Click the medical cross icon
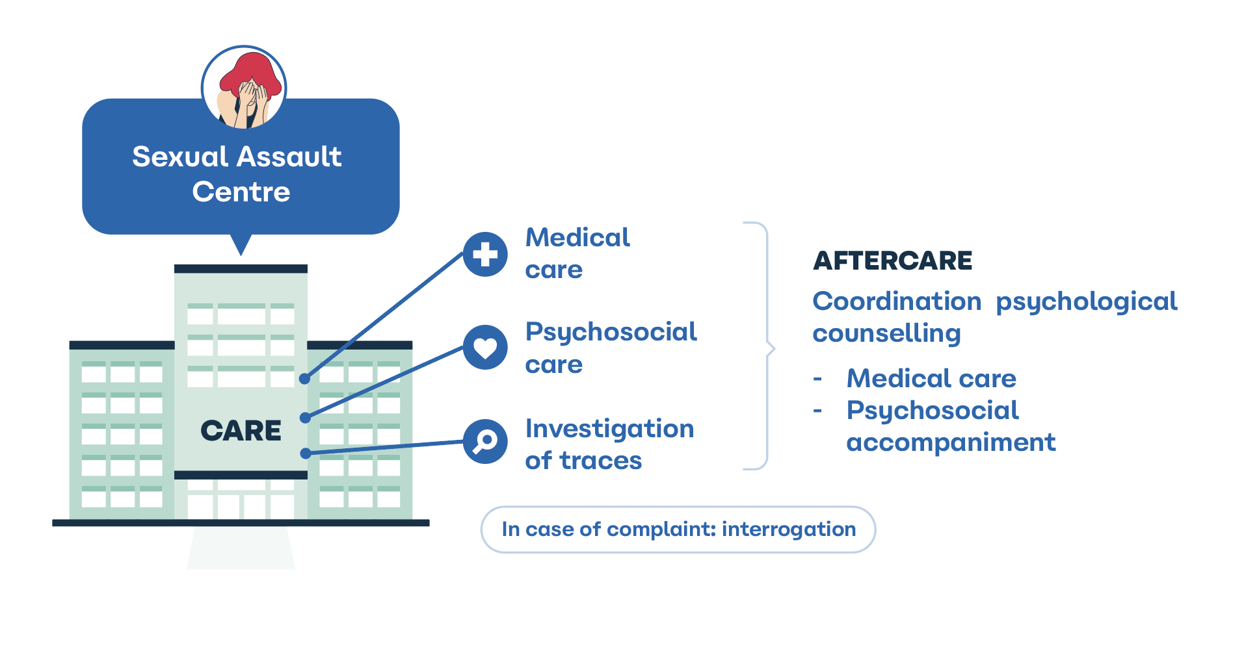(x=485, y=254)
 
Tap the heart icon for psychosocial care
(x=485, y=347)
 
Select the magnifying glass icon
(x=485, y=442)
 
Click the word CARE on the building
(x=241, y=431)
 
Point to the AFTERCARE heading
(x=892, y=261)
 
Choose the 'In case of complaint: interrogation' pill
(x=678, y=530)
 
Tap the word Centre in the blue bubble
(x=241, y=192)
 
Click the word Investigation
(x=609, y=429)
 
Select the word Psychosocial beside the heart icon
(x=611, y=333)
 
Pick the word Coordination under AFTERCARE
(x=897, y=301)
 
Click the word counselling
(x=886, y=333)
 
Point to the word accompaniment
(x=951, y=443)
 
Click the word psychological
(x=1087, y=302)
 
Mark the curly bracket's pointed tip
(x=775, y=349)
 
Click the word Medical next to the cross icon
(x=577, y=237)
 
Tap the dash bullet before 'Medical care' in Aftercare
(x=817, y=379)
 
